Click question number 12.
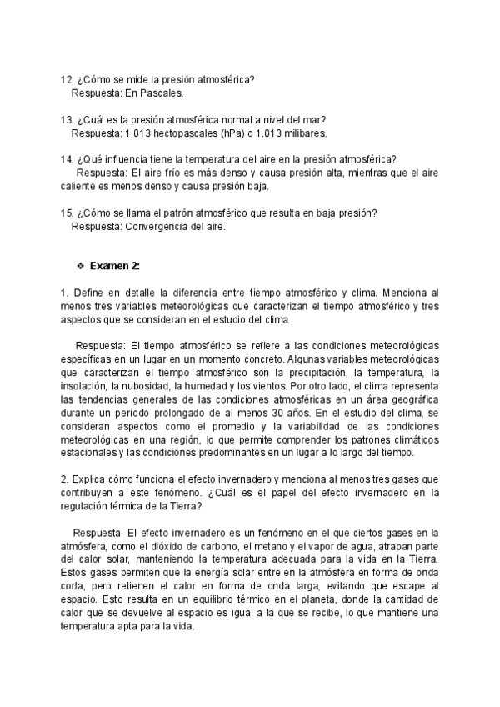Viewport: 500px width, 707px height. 67,79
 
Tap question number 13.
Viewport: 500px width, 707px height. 67,119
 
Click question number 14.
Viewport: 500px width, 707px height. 67,159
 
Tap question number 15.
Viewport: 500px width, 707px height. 67,213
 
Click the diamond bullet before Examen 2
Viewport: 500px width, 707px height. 80,266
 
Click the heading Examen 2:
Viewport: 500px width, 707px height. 115,266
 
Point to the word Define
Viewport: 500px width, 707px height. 87,293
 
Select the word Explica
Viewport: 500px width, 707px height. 89,479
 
